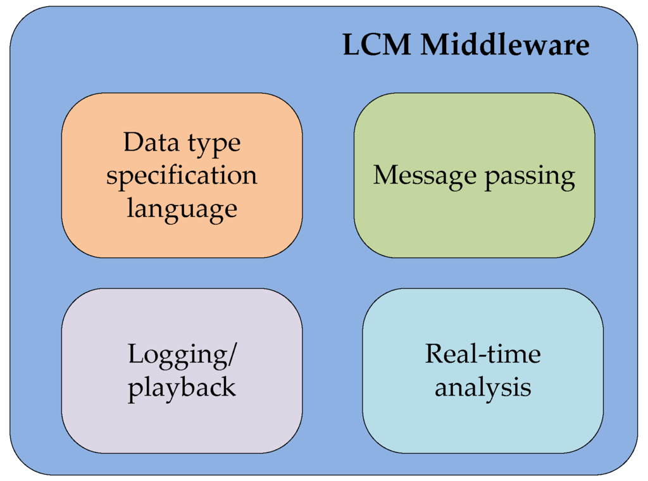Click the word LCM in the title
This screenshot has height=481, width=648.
[377, 45]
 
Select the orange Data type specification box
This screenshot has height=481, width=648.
[182, 175]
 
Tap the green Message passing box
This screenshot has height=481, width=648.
[475, 175]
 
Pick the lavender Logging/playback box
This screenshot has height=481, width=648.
[182, 371]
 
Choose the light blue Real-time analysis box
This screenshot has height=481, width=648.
[483, 371]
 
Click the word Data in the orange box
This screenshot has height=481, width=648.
[151, 142]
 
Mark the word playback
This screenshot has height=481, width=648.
[182, 389]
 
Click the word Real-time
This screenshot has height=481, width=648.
[483, 354]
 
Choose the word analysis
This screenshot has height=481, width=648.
[483, 389]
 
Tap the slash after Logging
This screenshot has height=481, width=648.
[232, 355]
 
